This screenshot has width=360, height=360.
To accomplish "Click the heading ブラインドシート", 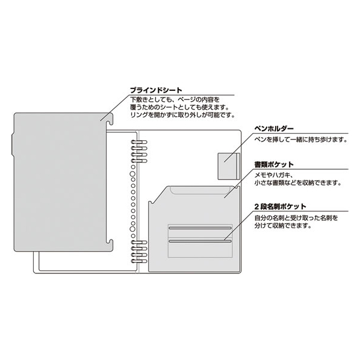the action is pos(156,90).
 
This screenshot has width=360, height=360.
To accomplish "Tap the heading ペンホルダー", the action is pos(274,128).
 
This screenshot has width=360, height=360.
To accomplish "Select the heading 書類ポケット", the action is pos(274,164).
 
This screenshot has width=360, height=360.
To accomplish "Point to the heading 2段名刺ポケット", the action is pos(280,206).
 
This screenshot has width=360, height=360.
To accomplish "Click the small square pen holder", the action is pos(229,166).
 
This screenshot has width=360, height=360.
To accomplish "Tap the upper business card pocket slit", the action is pos(200,228).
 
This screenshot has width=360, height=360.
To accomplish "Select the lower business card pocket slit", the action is pos(200,241).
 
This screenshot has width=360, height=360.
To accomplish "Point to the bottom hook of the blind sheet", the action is pos(110,245).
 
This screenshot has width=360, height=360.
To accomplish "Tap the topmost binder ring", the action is pos(139,142).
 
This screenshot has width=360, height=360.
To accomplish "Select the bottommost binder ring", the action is pos(139,261).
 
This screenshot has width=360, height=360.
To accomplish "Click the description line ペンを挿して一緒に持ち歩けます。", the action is pos(301,139).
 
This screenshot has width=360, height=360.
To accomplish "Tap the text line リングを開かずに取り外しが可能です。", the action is pos(182,115).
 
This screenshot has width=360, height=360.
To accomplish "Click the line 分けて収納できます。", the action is pos(283,226).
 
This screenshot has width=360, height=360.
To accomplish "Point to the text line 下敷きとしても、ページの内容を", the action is pos(175,100).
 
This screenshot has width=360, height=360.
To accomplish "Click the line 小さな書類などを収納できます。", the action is pos(297,183).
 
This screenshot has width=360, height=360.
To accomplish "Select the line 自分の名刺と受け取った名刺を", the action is pos(296,218).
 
